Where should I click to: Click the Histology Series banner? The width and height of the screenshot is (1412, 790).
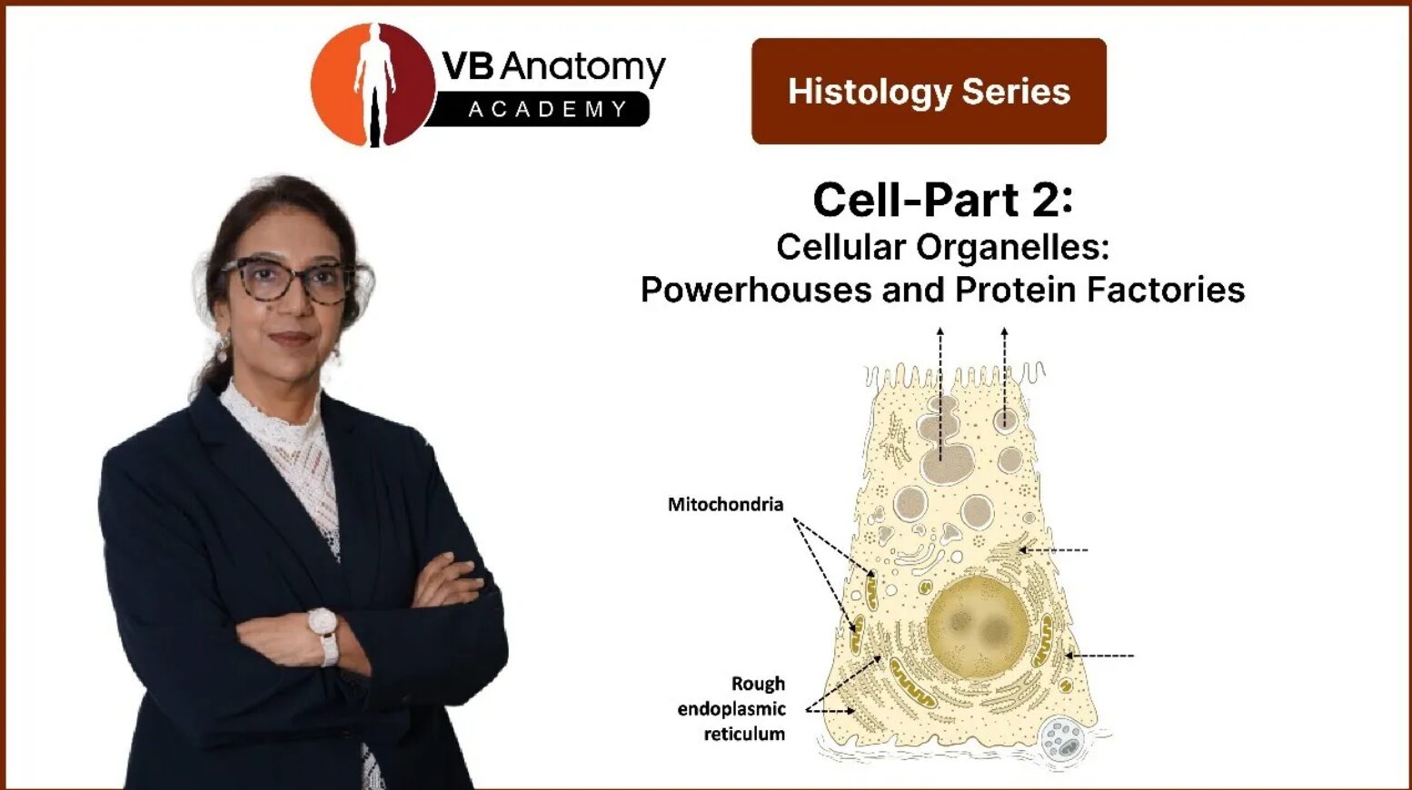[929, 92]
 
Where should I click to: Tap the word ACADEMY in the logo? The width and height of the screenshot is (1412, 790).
[548, 110]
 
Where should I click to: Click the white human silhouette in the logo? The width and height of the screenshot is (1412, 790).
[375, 85]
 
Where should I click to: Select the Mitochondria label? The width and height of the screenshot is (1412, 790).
[726, 505]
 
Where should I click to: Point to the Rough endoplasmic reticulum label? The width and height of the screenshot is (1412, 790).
[732, 709]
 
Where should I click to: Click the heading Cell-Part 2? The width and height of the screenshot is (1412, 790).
[942, 200]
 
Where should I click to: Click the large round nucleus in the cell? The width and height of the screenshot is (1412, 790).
[978, 627]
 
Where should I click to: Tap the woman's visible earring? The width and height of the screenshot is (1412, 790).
[223, 349]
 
